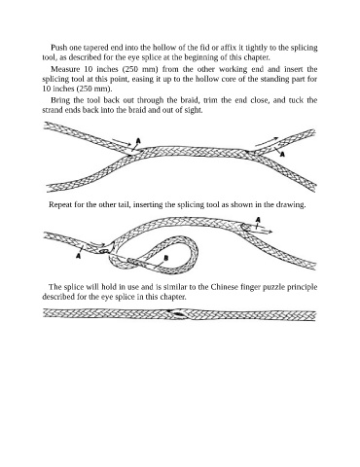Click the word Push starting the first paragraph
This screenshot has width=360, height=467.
click(58, 48)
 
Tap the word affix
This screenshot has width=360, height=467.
click(229, 48)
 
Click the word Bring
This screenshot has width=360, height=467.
click(58, 100)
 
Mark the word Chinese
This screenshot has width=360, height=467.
click(225, 287)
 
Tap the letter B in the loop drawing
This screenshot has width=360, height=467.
click(166, 258)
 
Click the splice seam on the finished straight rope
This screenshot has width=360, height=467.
click(178, 313)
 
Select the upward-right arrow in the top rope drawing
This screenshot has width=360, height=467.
click(267, 141)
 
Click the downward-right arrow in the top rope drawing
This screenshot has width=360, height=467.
click(122, 142)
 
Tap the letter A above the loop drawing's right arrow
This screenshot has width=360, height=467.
click(258, 220)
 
